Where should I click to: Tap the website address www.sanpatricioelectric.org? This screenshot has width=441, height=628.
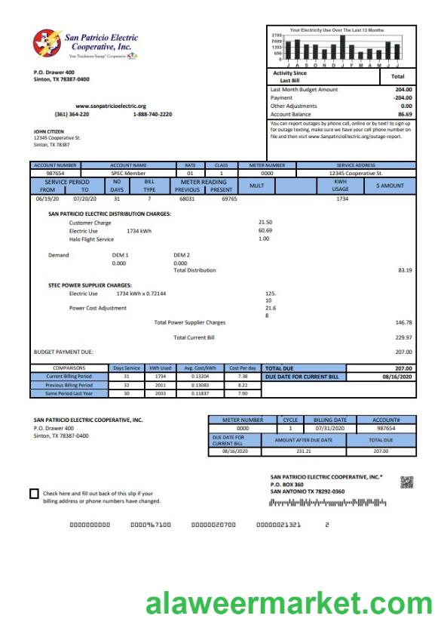(x=111, y=106)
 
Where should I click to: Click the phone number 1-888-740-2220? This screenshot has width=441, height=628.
(x=152, y=114)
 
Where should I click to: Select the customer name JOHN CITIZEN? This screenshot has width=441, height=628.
(x=49, y=131)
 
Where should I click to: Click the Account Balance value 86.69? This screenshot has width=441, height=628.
(x=405, y=114)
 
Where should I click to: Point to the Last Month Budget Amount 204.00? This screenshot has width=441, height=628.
(x=404, y=89)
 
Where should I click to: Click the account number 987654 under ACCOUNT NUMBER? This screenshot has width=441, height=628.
(x=57, y=173)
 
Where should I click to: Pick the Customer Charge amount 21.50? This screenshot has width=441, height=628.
(x=265, y=223)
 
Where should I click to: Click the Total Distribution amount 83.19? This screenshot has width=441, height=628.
(x=405, y=269)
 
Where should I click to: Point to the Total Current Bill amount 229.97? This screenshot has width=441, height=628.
(x=404, y=337)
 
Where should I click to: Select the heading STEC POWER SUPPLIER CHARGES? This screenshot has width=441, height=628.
(x=90, y=285)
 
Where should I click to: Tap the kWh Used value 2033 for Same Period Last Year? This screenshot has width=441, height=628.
(x=159, y=392)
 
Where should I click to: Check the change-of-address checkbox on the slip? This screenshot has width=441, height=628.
(x=34, y=494)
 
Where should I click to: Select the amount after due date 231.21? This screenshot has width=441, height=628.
(x=303, y=451)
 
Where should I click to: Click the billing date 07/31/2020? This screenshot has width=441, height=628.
(x=330, y=428)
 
